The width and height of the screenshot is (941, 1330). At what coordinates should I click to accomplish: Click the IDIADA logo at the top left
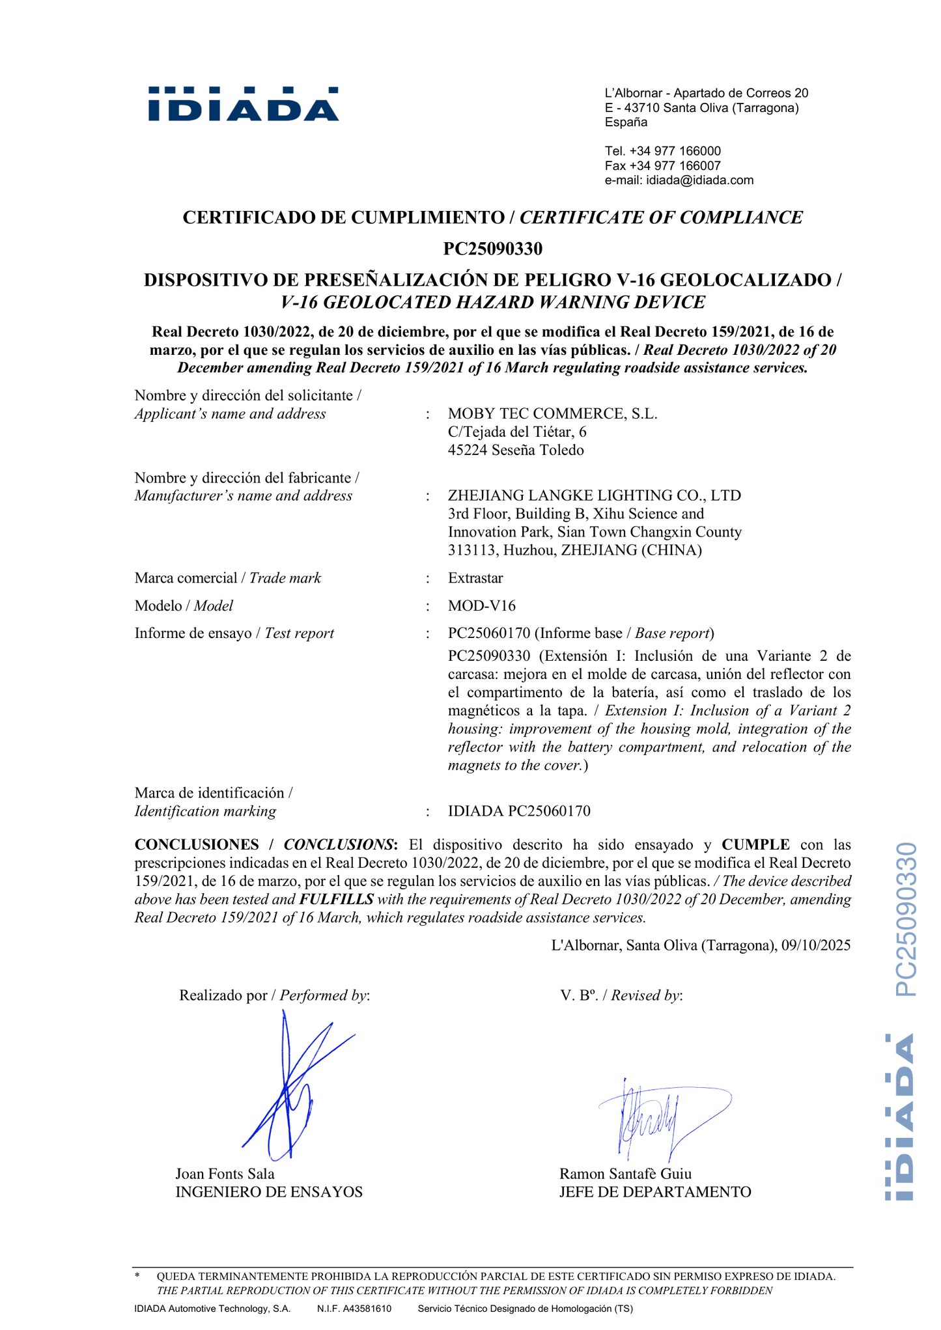tap(243, 104)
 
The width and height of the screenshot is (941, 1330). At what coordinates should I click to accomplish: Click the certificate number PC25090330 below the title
tap(492, 249)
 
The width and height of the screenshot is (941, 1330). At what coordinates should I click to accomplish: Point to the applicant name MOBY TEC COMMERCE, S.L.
tap(552, 414)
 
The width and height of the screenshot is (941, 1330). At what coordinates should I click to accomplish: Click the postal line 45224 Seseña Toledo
tap(516, 450)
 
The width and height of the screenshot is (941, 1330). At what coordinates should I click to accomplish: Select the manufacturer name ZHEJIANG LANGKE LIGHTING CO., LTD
tap(594, 496)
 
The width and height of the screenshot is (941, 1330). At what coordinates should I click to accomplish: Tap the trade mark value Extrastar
tap(475, 578)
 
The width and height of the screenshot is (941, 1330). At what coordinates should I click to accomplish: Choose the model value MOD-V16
tap(482, 606)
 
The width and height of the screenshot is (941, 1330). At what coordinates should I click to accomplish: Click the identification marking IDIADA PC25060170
tap(519, 811)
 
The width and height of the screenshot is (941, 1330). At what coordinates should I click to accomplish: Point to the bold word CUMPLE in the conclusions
tap(755, 845)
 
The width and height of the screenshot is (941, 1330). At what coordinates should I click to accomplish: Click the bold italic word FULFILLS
tap(336, 900)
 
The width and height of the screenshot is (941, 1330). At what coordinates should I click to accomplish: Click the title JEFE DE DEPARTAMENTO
tap(655, 1192)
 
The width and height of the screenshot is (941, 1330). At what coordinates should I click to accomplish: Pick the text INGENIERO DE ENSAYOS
tap(269, 1192)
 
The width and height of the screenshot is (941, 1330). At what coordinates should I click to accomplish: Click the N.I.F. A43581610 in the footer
tap(354, 1309)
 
